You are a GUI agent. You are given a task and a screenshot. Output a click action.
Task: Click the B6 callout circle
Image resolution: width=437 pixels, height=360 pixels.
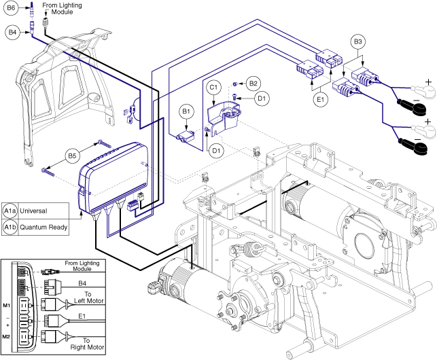[x=12, y=10]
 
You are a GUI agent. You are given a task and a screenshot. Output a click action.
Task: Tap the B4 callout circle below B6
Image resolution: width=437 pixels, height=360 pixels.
[x=12, y=31]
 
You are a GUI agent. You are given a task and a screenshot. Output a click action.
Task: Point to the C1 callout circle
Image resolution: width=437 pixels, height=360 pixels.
[x=213, y=87]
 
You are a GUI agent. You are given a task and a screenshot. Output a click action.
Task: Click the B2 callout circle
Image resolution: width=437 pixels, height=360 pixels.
[x=254, y=83]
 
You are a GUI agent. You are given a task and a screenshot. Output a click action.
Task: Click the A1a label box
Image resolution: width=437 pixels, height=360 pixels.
[x=11, y=210]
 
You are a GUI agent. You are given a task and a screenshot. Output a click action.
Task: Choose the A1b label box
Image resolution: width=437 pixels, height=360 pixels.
[x=11, y=227]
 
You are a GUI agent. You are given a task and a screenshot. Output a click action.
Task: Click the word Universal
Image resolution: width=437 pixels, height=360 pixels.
[x=38, y=210]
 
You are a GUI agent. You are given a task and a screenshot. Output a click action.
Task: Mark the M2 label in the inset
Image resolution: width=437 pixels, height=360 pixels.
[x=8, y=336]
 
